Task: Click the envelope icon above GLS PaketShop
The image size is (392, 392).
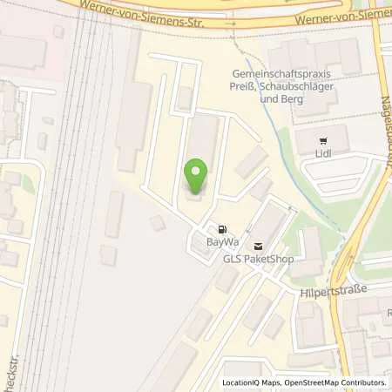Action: click(257, 247)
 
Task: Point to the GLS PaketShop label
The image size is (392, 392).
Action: click(258, 259)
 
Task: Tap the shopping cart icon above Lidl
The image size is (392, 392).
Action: click(323, 139)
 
